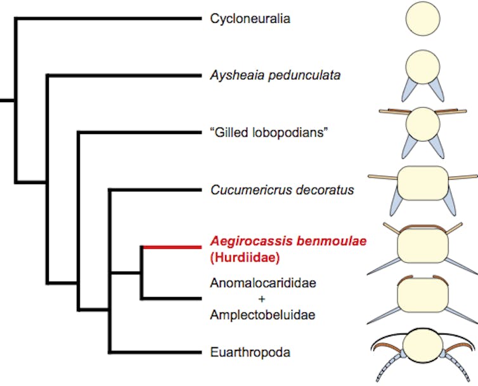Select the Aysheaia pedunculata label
pyautogui.click(x=275, y=76)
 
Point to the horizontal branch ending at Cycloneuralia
pyautogui.click(x=108, y=18)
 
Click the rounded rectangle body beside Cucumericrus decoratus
pyautogui.click(x=423, y=183)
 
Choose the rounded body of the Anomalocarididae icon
pyautogui.click(x=423, y=299)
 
